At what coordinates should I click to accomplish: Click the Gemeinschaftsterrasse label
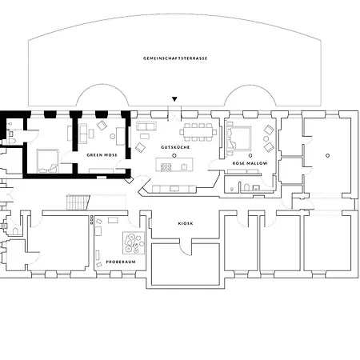tap(175, 58)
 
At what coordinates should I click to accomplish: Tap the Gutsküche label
tap(175, 147)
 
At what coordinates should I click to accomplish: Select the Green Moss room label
tap(102, 155)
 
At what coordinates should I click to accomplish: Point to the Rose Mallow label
tap(250, 163)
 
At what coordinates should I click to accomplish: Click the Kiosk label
tap(186, 223)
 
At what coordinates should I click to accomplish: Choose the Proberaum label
tap(121, 262)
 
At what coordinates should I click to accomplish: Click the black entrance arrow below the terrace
tap(174, 99)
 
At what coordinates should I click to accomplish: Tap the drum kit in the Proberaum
tap(134, 242)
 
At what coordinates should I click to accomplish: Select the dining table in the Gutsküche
tap(198, 132)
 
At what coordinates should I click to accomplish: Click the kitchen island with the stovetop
tap(174, 165)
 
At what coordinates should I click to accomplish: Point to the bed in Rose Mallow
tap(238, 138)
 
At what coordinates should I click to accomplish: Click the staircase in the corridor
tap(78, 202)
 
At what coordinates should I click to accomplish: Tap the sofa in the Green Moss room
tap(83, 134)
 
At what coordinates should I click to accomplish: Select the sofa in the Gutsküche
tap(146, 126)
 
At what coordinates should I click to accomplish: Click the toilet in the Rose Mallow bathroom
tap(246, 187)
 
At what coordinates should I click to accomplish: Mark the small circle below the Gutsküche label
tap(174, 155)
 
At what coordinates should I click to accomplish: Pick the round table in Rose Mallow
tap(266, 138)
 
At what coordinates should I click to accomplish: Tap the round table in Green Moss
tap(113, 136)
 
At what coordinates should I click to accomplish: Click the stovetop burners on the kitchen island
tap(166, 167)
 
